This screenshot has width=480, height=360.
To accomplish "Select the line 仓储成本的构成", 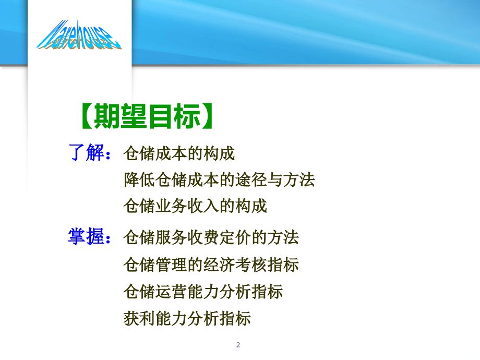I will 179,154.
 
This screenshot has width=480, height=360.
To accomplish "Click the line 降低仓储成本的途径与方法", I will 219,180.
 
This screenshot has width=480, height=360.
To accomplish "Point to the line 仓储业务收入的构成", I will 195,206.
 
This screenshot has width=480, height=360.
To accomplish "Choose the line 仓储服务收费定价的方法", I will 211,238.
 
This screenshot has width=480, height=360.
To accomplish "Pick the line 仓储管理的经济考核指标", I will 211,265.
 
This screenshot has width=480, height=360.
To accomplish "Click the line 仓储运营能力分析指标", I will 203,291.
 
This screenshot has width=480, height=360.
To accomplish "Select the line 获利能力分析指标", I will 187,318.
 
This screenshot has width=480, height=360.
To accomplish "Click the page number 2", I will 238,344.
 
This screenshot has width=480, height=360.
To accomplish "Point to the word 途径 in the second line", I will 251,180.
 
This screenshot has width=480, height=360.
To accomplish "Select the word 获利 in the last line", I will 139,318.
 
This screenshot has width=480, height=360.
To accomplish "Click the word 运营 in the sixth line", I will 171,291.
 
